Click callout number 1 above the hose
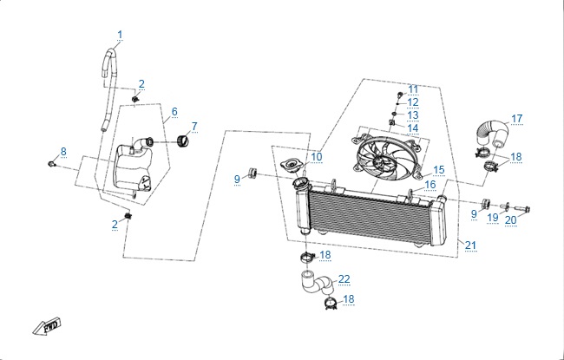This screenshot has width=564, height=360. coord(120,35)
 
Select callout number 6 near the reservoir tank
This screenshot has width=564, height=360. coord(174,112)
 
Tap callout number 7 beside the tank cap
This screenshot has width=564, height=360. coord(194,127)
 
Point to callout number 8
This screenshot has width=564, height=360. coord(62,152)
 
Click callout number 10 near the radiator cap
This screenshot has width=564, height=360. coord(317,157)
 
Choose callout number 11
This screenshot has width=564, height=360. coord(413,89)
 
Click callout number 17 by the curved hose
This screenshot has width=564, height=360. coord(516,119)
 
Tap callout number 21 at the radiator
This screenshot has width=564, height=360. coord(470,245)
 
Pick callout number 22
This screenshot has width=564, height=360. coord(344,278)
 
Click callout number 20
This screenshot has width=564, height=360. coord(510,219)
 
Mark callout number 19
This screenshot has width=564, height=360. coord(492,218)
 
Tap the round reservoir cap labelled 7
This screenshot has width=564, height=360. coord(181,141)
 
